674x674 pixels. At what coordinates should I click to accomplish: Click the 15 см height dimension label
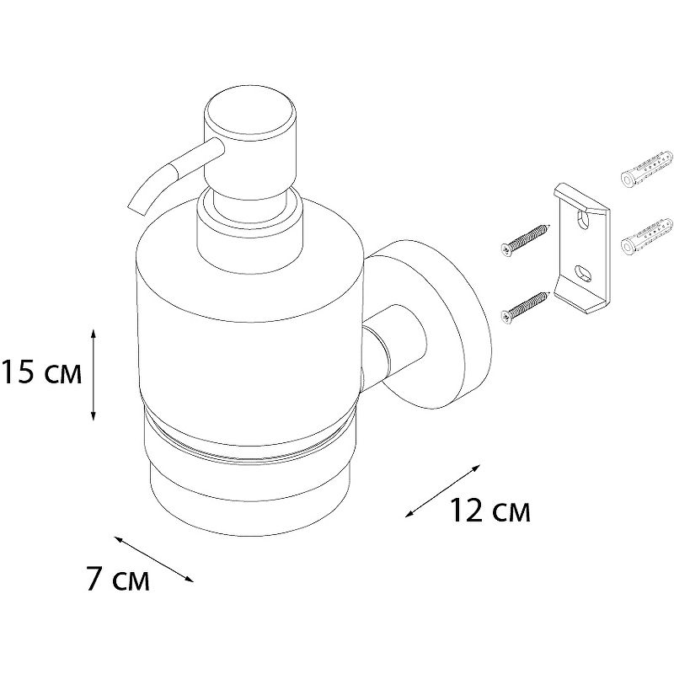click(x=41, y=372)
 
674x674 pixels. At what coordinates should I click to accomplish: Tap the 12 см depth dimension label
click(x=490, y=511)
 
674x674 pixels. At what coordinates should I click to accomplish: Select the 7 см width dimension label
click(x=118, y=579)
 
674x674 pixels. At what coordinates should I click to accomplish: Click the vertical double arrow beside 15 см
click(x=94, y=374)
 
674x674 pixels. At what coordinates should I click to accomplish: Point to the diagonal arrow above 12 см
click(x=443, y=490)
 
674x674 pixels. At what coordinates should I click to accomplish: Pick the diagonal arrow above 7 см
click(x=153, y=559)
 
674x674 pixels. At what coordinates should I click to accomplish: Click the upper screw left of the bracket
click(x=525, y=239)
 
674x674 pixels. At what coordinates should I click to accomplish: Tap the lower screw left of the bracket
click(x=525, y=308)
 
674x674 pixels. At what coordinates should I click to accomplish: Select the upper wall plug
click(x=646, y=168)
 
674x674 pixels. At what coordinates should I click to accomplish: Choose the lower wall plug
click(x=646, y=236)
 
